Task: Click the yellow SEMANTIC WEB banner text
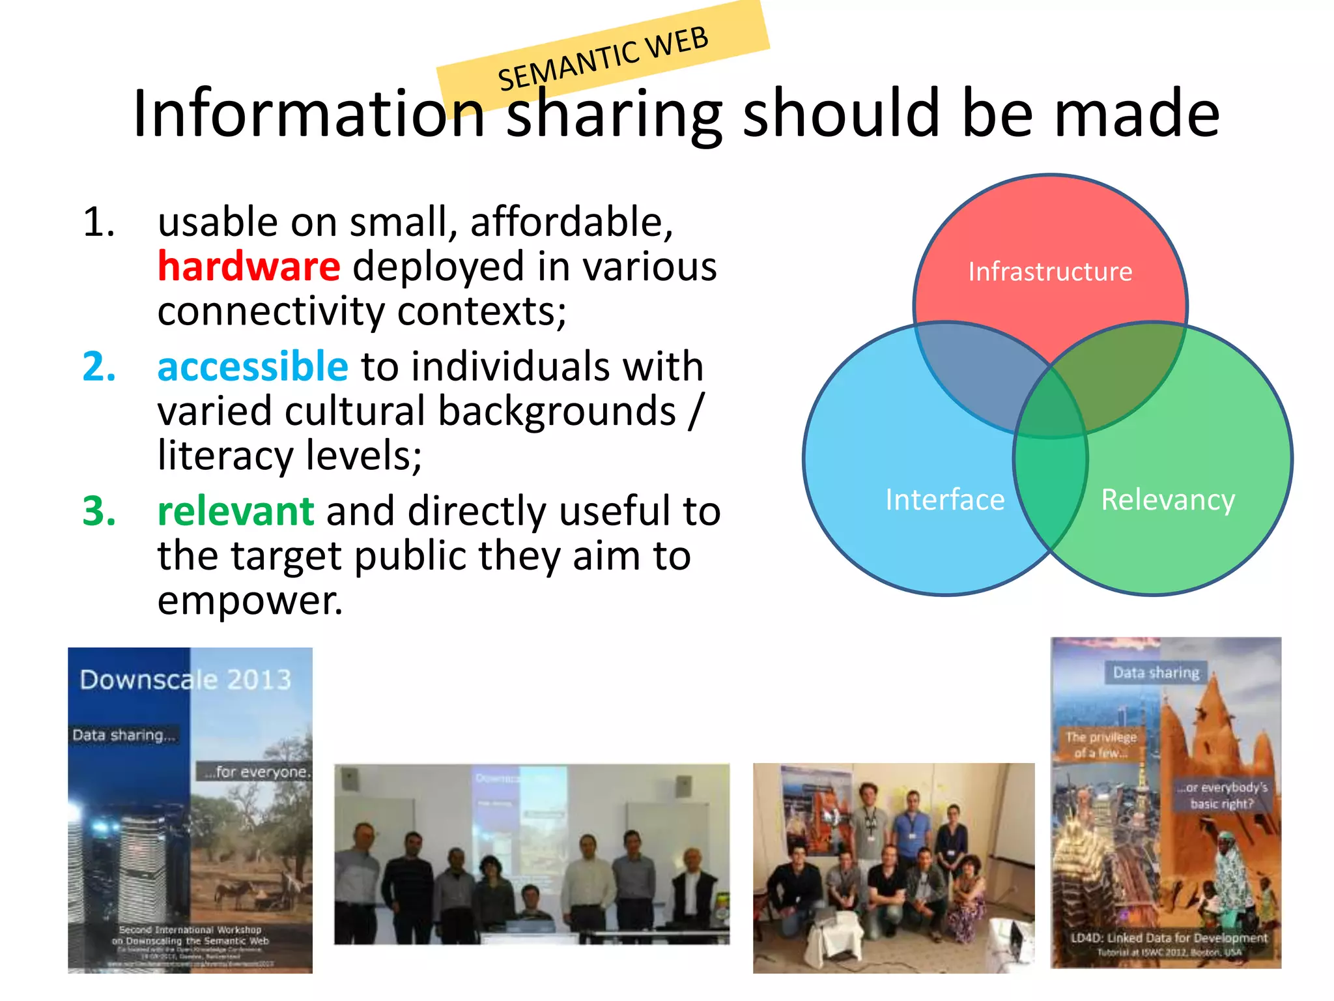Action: pyautogui.click(x=603, y=59)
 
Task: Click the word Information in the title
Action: pyautogui.click(x=309, y=115)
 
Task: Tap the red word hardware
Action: pyautogui.click(x=249, y=267)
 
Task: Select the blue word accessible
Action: pyautogui.click(x=253, y=366)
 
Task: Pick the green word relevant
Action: pyautogui.click(x=236, y=510)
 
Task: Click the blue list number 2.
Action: pyautogui.click(x=99, y=366)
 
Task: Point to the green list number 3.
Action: pyautogui.click(x=99, y=511)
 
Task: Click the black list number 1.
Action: pyautogui.click(x=99, y=222)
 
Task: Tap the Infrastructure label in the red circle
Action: pyautogui.click(x=1050, y=271)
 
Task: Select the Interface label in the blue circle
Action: pyautogui.click(x=944, y=500)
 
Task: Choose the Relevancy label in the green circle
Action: pyautogui.click(x=1167, y=500)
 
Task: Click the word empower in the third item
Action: pyautogui.click(x=249, y=600)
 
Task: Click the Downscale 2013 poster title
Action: pyautogui.click(x=186, y=680)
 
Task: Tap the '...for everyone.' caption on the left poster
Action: pyautogui.click(x=256, y=772)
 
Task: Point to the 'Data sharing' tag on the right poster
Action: pyautogui.click(x=1156, y=673)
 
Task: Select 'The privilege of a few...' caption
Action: pyautogui.click(x=1101, y=745)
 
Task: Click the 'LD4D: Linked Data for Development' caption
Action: pyautogui.click(x=1169, y=938)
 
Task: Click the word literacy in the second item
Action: pyautogui.click(x=225, y=455)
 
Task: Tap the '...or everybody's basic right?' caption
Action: pyautogui.click(x=1222, y=796)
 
